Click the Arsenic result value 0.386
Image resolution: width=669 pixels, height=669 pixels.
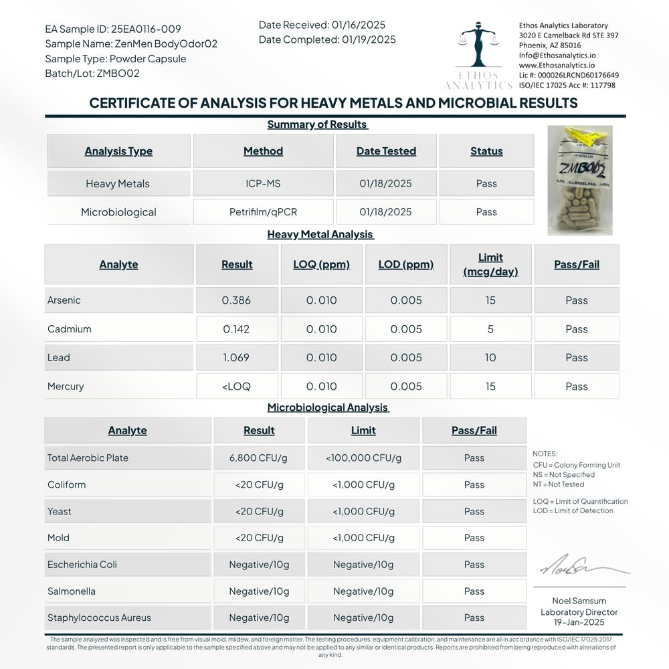[x=236, y=300]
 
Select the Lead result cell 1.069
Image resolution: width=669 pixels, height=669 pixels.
[x=236, y=358]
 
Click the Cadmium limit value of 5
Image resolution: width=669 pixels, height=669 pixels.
[x=490, y=329]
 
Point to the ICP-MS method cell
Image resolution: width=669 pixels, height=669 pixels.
[x=263, y=183]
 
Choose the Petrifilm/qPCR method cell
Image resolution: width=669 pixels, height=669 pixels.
[x=263, y=212]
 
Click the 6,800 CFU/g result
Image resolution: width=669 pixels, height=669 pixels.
[x=259, y=458]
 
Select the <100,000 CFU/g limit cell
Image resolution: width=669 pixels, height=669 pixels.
[x=363, y=458]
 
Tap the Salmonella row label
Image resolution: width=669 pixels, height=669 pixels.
[x=72, y=591]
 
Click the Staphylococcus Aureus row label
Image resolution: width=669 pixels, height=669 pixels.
[x=99, y=618]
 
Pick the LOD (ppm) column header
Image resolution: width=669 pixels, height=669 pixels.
[x=406, y=264]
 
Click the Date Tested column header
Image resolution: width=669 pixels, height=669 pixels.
[x=386, y=151]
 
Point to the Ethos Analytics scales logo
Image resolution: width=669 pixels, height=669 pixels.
[x=479, y=50]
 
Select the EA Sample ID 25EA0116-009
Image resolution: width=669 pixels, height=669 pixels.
[x=112, y=29]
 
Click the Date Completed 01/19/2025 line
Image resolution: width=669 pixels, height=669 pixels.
[x=327, y=39]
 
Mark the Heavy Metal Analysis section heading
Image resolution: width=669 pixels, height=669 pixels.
[x=320, y=235]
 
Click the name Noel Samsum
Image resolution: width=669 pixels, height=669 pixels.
[x=579, y=601]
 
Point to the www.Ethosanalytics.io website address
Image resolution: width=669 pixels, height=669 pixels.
[x=557, y=66]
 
